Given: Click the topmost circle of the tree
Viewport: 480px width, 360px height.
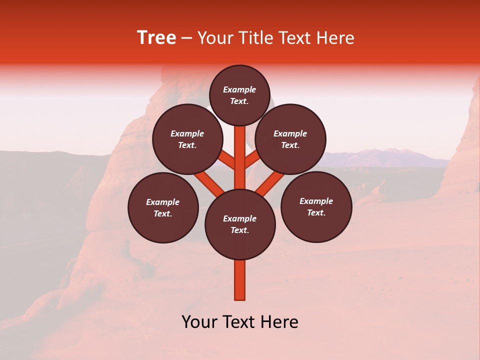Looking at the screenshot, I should click(x=239, y=95).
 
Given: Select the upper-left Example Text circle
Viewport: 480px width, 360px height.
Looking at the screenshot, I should click(x=187, y=139).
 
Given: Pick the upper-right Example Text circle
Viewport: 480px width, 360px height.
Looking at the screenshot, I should click(x=290, y=139).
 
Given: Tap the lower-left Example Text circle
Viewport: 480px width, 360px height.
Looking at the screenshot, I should click(x=163, y=207).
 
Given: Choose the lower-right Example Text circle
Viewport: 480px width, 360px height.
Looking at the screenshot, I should click(x=316, y=206).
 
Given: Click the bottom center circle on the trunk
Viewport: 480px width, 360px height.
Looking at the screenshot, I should click(x=240, y=224).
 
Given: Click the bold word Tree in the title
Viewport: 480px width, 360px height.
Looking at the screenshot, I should click(x=156, y=37).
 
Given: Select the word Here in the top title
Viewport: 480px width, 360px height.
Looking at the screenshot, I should click(x=335, y=38).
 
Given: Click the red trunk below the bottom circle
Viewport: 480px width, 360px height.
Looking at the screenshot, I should click(x=240, y=280).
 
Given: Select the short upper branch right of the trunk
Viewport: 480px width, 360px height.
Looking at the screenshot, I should click(x=253, y=160).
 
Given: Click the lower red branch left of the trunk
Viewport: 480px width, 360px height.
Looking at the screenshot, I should click(x=209, y=182).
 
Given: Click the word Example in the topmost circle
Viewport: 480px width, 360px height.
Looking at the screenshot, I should click(x=239, y=89).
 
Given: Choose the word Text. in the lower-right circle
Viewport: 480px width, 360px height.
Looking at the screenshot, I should click(x=316, y=212).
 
